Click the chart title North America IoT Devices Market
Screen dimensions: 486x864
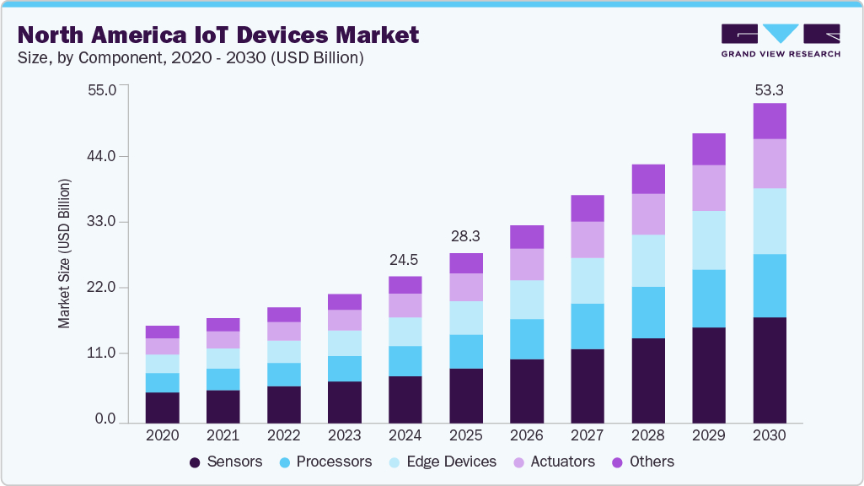coord(217,35)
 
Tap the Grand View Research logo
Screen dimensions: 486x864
coord(781,40)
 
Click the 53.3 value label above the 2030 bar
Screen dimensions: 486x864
coord(769,89)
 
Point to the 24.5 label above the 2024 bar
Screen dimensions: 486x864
coord(405,259)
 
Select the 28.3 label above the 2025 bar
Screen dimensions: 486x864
coord(465,235)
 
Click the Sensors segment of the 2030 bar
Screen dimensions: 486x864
coord(769,370)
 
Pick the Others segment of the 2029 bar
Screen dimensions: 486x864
coord(709,149)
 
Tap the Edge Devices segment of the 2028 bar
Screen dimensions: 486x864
coord(648,260)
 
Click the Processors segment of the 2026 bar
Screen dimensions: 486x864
coord(527,339)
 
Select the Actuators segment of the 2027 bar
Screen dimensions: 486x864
coord(588,240)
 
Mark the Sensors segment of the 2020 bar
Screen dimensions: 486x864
coord(162,408)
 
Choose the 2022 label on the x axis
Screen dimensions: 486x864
coord(283,436)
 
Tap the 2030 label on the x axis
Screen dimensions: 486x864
coord(769,436)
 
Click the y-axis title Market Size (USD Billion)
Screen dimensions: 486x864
coord(64,254)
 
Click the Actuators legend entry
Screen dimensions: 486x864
coord(559,462)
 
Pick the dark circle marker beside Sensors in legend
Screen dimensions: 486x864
coord(195,462)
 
